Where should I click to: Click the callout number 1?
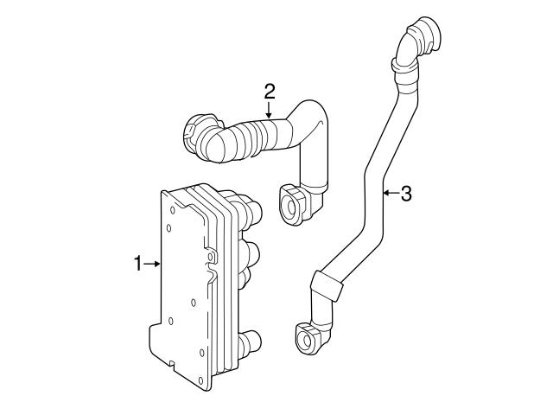pyautogui.click(x=139, y=264)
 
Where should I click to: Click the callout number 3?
pyautogui.click(x=406, y=194)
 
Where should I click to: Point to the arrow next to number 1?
pyautogui.click(x=154, y=264)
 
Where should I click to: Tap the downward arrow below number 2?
pyautogui.click(x=269, y=109)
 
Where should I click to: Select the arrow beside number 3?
pyautogui.click(x=389, y=194)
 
